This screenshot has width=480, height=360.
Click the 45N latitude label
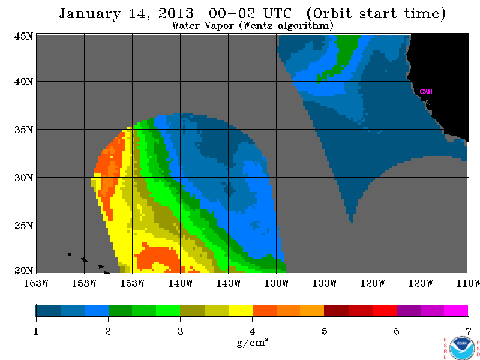pyautogui.click(x=23, y=36)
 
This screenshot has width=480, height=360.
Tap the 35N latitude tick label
pyautogui.click(x=23, y=130)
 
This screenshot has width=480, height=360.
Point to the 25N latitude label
pyautogui.click(x=23, y=226)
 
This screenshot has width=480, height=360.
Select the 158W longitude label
pyautogui.click(x=84, y=283)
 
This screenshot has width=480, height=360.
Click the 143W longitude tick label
pyautogui.click(x=229, y=283)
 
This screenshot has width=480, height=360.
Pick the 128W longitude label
pyautogui.click(x=373, y=283)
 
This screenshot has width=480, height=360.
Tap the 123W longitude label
pyautogui.click(x=421, y=283)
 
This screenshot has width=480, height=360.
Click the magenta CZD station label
pyautogui.click(x=426, y=92)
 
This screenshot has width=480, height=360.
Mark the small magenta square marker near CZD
pyautogui.click(x=418, y=95)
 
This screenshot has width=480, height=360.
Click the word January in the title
pyautogui.click(x=89, y=14)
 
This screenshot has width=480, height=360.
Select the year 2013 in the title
pyautogui.click(x=176, y=13)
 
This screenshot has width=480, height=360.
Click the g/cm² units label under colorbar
pyautogui.click(x=253, y=342)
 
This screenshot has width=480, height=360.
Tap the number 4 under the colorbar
pyautogui.click(x=252, y=331)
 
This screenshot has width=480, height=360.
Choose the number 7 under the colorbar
pyautogui.click(x=469, y=331)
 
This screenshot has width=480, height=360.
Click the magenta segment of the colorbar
pyautogui.click(x=456, y=310)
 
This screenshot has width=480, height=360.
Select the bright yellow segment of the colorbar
pyautogui.click(x=241, y=310)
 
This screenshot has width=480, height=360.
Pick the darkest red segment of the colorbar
pyautogui.click(x=337, y=310)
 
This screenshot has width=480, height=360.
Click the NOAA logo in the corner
pyautogui.click(x=462, y=348)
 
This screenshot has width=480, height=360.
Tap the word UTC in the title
pyautogui.click(x=277, y=13)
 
